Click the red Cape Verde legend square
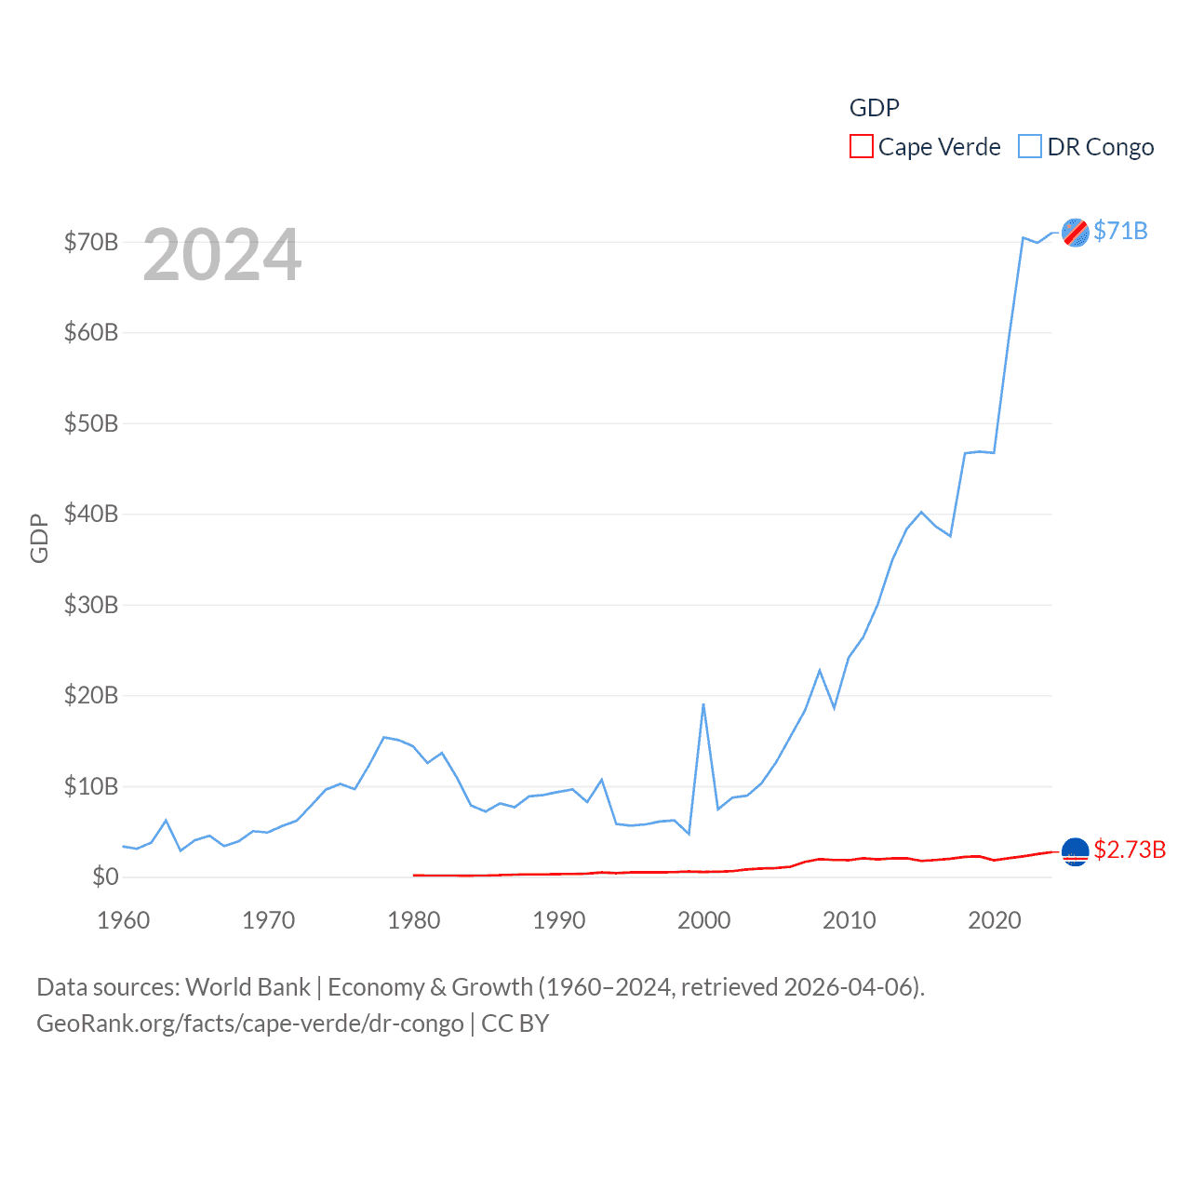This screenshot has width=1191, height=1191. (862, 147)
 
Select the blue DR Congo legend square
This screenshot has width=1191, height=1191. (1030, 147)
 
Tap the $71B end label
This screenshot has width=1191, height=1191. (1120, 231)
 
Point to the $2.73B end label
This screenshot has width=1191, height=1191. (1130, 850)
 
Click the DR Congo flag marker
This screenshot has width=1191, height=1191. (1076, 233)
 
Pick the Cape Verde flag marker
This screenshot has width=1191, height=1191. (1076, 851)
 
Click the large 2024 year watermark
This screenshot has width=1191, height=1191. (222, 255)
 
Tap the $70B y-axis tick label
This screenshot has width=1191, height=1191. (91, 242)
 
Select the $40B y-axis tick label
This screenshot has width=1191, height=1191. (91, 514)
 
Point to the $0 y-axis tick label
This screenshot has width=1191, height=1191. (105, 877)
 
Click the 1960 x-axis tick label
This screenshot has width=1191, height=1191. (124, 920)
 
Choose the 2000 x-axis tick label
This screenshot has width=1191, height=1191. (704, 920)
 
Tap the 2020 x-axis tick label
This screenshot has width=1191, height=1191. (995, 920)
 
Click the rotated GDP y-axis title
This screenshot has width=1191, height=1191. (39, 538)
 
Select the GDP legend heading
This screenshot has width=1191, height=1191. (875, 108)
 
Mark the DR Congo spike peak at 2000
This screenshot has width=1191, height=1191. (703, 704)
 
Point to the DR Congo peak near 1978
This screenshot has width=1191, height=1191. (383, 737)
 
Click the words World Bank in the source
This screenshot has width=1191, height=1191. (248, 986)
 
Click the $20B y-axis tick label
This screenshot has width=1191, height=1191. (91, 695)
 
